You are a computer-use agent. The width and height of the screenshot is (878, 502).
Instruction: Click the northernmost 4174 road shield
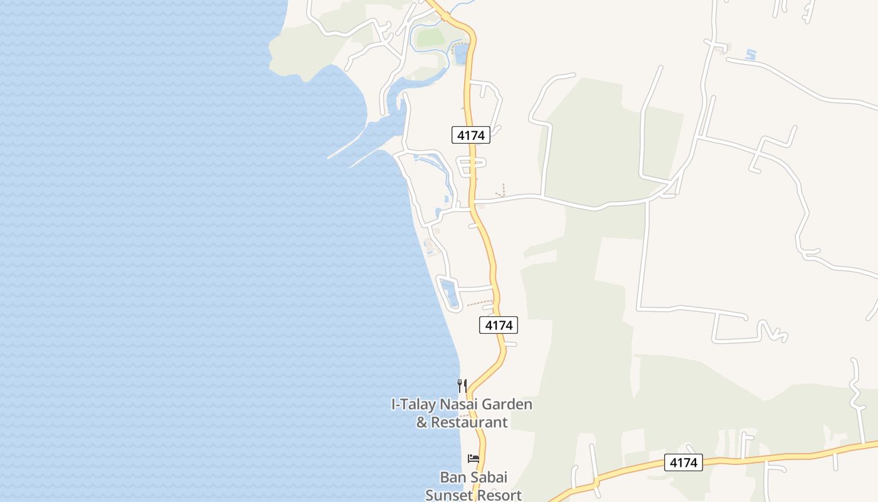[470, 134]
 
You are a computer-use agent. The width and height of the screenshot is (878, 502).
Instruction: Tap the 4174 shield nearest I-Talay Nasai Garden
[499, 325]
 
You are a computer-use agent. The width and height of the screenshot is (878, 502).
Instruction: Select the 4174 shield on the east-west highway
[684, 462]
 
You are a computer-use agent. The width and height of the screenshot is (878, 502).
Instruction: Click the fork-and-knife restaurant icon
[462, 385]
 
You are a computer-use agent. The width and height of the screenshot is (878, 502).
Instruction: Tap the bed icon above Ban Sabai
[473, 459]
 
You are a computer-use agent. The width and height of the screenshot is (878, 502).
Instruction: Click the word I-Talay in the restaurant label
[413, 405]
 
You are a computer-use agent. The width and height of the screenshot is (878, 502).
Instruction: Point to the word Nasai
[463, 405]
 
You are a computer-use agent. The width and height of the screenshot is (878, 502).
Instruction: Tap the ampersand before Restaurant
[422, 422]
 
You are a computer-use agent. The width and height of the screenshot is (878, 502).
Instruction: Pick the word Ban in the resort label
[452, 477]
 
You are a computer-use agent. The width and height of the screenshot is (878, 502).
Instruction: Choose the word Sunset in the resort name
[447, 494]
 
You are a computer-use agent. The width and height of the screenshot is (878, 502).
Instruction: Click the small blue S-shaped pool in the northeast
[751, 55]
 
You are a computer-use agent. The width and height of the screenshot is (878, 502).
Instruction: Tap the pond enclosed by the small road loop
[449, 294]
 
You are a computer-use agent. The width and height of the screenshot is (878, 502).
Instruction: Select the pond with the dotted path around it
[461, 54]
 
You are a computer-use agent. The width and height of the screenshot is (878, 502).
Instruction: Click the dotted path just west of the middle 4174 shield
[480, 304]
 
